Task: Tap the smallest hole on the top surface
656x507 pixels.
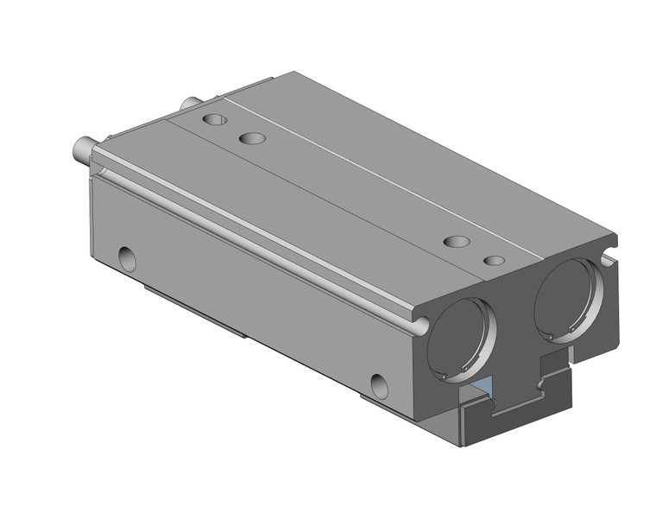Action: [x=493, y=260]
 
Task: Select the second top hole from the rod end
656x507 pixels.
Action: [x=252, y=138]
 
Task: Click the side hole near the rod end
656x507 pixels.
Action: [x=126, y=256]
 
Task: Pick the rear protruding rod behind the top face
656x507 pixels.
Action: [x=186, y=105]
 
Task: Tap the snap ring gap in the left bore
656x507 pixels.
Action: [x=442, y=373]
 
